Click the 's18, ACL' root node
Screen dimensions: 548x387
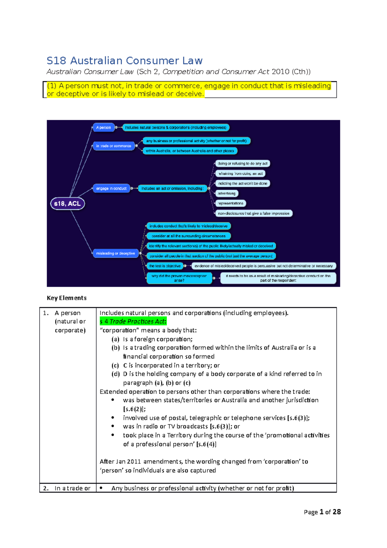[x=67, y=204]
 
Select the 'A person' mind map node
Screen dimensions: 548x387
[x=104, y=127]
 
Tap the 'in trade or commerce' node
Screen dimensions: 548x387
[x=114, y=146]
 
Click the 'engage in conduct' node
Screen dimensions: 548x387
[x=111, y=188]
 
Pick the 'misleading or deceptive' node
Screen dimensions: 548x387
[x=115, y=253]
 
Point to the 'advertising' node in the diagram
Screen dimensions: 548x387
[x=227, y=193]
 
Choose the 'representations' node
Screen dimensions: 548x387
[x=231, y=203]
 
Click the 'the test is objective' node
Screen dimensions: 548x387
[x=165, y=266]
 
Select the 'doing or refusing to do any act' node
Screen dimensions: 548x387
[x=243, y=164]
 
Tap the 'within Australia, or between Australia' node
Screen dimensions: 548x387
[x=190, y=151]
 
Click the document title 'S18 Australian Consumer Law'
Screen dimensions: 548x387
[x=124, y=61]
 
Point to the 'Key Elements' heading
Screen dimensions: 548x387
[x=67, y=298]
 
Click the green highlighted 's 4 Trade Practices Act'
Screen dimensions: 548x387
[x=133, y=321]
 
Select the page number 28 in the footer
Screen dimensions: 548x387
[x=337, y=512]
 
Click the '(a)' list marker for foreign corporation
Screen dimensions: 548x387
[x=115, y=339]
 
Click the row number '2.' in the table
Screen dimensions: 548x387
[x=46, y=488]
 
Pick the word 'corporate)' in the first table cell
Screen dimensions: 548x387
[x=70, y=330]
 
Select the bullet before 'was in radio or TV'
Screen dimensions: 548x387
[x=113, y=426]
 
